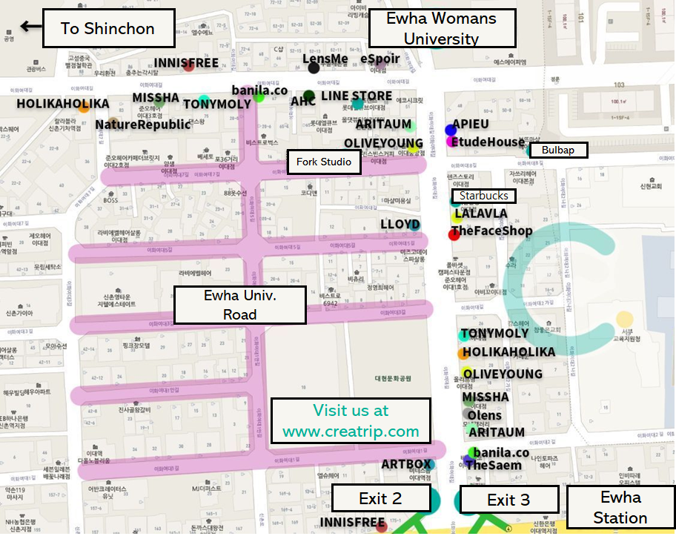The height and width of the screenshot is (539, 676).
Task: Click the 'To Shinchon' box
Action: (108, 29)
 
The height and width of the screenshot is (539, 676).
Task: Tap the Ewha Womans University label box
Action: (442, 29)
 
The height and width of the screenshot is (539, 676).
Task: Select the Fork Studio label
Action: (324, 162)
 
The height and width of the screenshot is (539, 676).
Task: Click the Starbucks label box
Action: (484, 196)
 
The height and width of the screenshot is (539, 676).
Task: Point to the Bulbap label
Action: (558, 150)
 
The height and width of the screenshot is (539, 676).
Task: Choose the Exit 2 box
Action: (380, 499)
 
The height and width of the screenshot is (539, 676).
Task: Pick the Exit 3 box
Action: (508, 500)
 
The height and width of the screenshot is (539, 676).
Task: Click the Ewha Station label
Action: (620, 507)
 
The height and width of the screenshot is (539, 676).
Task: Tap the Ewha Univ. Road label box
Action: (239, 305)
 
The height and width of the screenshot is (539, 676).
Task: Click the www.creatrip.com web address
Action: (351, 431)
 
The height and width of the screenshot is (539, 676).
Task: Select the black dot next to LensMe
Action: (314, 68)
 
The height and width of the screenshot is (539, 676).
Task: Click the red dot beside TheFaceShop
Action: (454, 234)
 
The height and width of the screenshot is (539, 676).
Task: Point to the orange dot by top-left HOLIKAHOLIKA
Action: (84, 108)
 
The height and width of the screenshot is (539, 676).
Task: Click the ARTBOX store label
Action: (405, 464)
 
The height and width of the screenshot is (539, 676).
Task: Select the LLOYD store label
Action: (400, 225)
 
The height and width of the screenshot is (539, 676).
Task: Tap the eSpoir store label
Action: (380, 59)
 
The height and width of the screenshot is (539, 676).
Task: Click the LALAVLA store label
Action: (481, 214)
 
